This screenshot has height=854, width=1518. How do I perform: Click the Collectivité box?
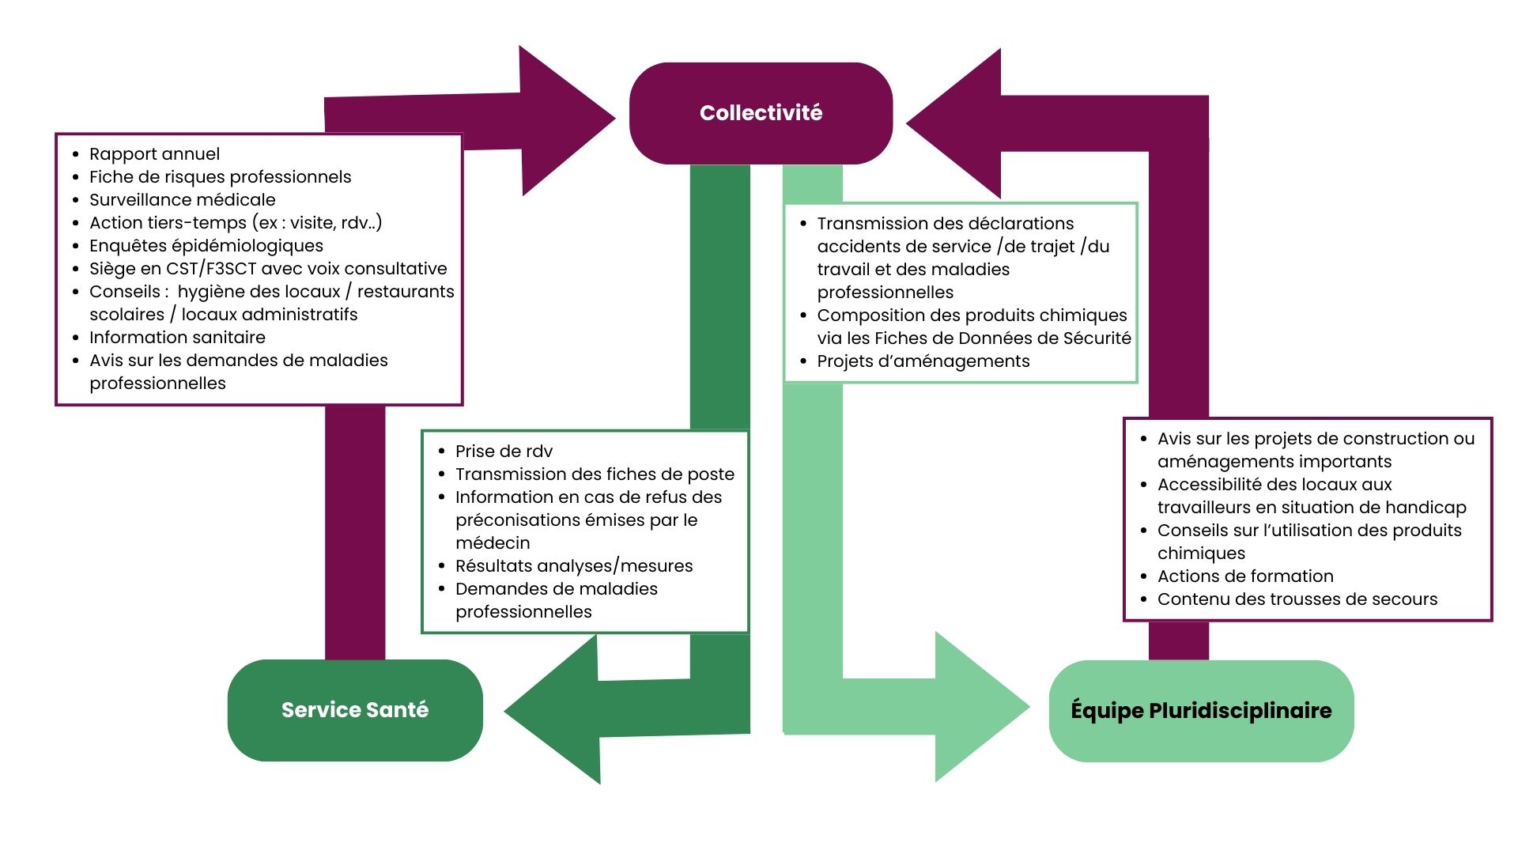[761, 113]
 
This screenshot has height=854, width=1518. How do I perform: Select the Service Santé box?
[355, 710]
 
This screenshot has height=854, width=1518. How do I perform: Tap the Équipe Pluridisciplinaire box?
[1201, 710]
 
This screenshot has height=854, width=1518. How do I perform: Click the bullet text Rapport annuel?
[154, 154]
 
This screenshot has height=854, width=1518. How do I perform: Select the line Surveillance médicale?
[182, 200]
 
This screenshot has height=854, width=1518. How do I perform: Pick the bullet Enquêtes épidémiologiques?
[206, 246]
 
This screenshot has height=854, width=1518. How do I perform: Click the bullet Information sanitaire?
[177, 338]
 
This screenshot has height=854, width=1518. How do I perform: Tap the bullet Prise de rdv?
[504, 452]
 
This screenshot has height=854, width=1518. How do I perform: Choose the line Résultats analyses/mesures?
[573, 566]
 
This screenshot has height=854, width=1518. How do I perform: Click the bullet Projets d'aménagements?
[923, 361]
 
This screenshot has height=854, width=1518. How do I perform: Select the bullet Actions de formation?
[1245, 576]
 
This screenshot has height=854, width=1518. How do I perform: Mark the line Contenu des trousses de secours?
[1297, 599]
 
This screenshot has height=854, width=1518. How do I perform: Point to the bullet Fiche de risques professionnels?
[220, 177]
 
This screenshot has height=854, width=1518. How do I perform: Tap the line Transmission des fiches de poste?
[595, 474]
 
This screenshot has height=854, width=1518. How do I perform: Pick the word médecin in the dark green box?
[493, 543]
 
